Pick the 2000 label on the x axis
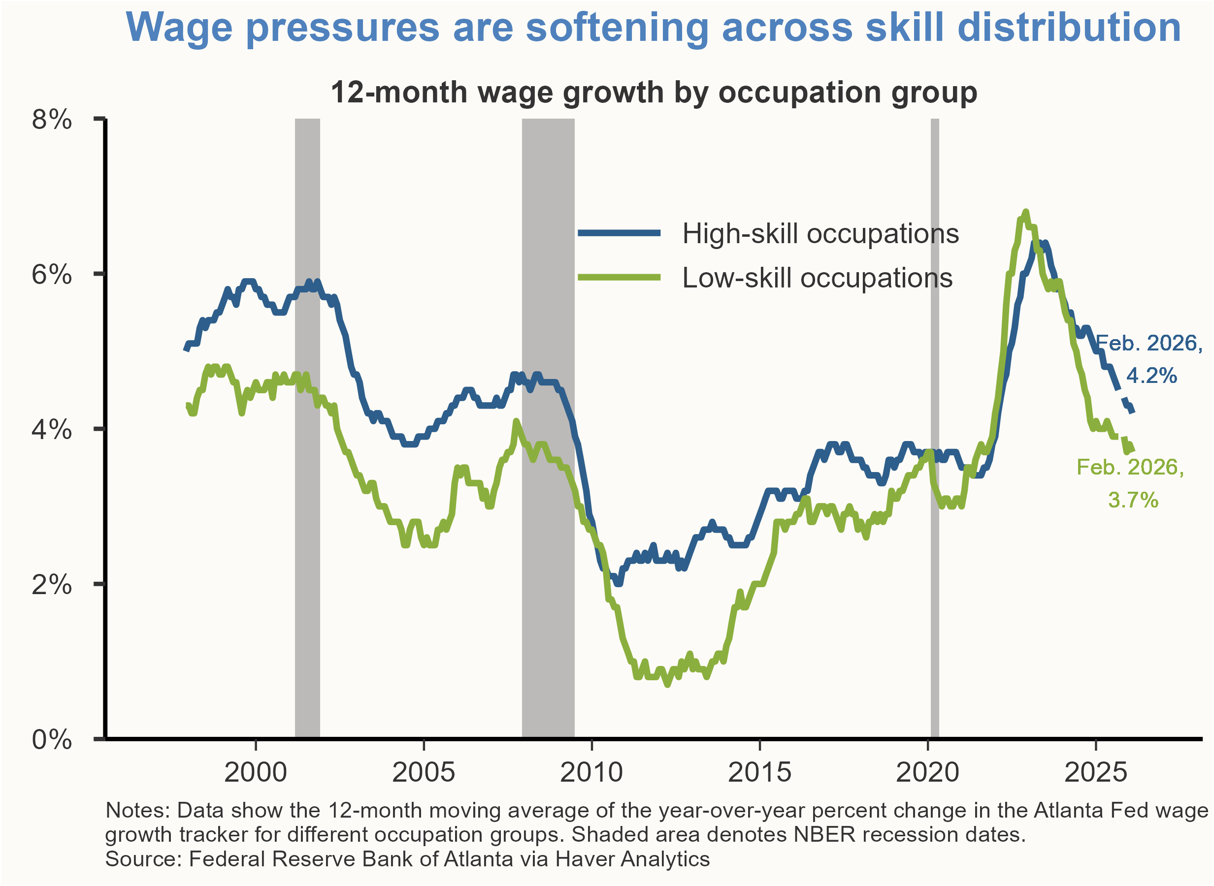click(256, 773)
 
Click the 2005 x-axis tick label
click(424, 773)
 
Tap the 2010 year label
click(591, 773)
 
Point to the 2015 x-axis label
click(759, 773)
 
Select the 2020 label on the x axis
click(927, 773)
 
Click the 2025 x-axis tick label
click(1095, 773)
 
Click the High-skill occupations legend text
click(820, 234)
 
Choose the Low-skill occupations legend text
click(817, 278)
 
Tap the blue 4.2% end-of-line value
click(1151, 376)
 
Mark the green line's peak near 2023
click(1026, 212)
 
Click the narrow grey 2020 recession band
click(934, 429)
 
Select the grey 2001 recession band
click(307, 429)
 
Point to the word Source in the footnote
click(142, 859)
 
